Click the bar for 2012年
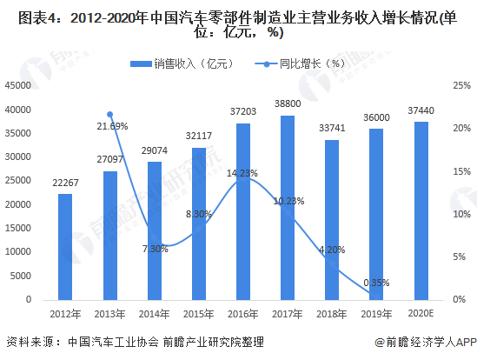pos(65,247)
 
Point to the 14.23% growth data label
pos(242,173)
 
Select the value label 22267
pos(65,181)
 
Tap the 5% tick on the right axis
pos(460,257)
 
